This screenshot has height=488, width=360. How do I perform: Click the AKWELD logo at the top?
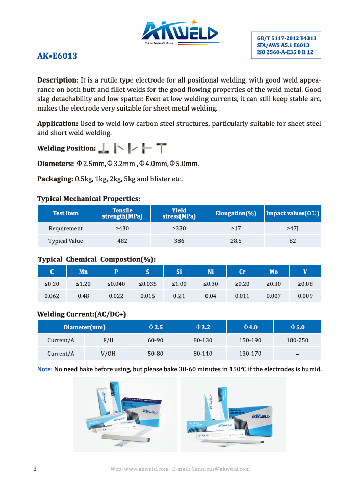[x=179, y=33]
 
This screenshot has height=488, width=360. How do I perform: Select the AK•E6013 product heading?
[x=57, y=56]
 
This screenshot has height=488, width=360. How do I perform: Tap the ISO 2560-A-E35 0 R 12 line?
[x=285, y=52]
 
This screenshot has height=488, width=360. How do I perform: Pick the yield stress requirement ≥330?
[x=179, y=228]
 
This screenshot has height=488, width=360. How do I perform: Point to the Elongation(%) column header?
[x=236, y=213]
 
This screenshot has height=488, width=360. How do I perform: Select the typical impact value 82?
[x=292, y=241]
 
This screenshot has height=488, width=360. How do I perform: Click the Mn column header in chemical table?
[x=84, y=272]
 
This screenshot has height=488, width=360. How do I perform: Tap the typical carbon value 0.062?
[x=52, y=296]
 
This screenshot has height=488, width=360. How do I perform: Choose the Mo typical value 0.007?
[x=273, y=296]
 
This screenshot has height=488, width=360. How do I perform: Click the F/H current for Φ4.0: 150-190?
[x=250, y=340]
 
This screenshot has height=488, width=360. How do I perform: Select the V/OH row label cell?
[x=108, y=354]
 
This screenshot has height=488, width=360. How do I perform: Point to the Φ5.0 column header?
[x=297, y=327]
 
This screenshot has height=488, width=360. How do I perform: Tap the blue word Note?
[x=45, y=369]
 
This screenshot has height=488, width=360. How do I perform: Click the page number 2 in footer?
[x=35, y=469]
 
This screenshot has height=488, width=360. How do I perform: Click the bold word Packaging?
[x=55, y=179]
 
